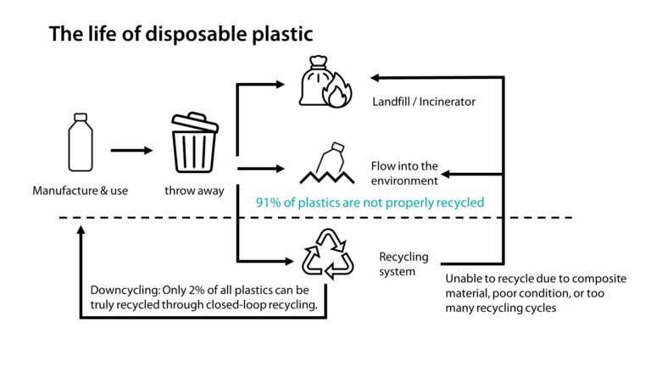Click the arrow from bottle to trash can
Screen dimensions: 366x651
[131, 151]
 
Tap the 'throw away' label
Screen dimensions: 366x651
[194, 191]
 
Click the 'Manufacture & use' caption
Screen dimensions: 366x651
[80, 191]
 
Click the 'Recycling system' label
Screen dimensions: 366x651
[403, 263]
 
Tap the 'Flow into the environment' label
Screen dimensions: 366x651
[404, 173]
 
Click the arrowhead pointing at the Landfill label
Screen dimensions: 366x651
[374, 76]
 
